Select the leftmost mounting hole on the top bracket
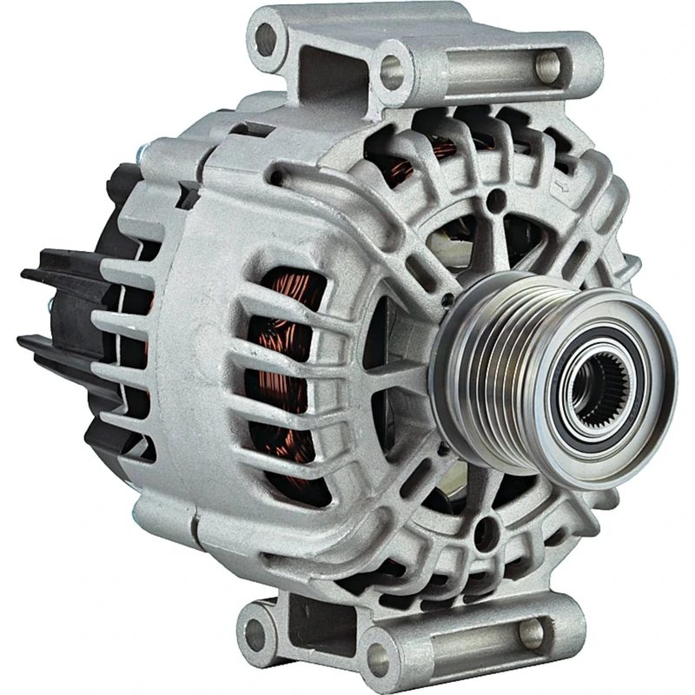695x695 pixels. tap(265, 39)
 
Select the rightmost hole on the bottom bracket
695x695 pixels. tap(533, 630)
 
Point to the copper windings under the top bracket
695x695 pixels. tap(408, 161)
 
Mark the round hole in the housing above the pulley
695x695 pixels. tap(494, 202)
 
